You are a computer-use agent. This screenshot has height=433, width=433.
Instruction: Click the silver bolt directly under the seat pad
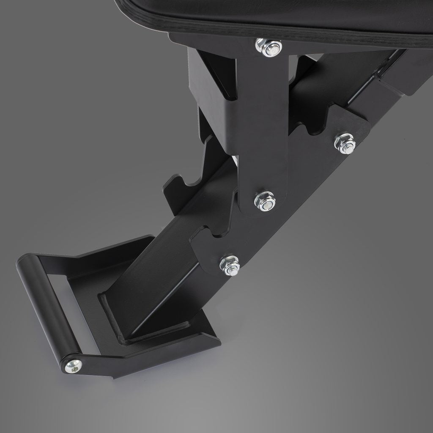click(x=269, y=47)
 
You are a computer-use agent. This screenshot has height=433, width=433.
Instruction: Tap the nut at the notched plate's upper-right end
click(x=345, y=143)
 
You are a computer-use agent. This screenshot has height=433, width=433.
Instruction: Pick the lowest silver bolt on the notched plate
click(x=230, y=265)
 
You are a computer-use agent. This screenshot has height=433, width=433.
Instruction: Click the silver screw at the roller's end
click(x=73, y=366)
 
